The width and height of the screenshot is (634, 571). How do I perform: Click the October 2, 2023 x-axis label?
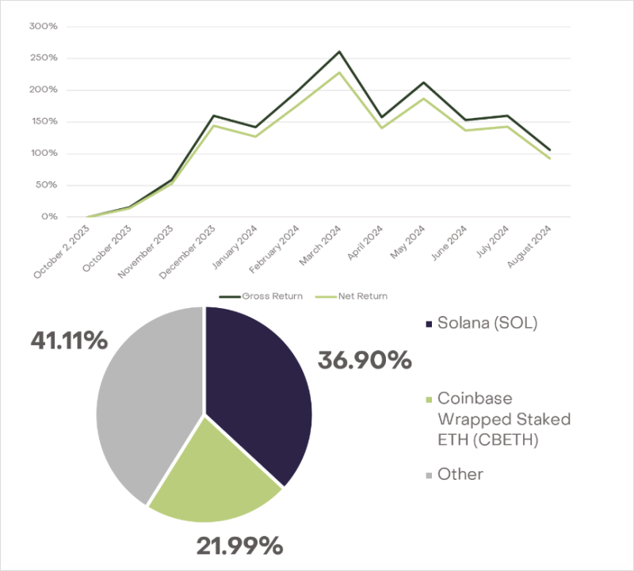point(63,251)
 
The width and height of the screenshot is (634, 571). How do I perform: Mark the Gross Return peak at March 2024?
point(339,52)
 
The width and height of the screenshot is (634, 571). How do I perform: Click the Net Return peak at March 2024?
point(339,73)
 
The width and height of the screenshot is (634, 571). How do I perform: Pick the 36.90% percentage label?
point(365,360)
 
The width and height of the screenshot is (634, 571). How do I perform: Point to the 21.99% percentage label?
point(239,545)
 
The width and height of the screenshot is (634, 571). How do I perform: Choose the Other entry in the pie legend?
point(460,474)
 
